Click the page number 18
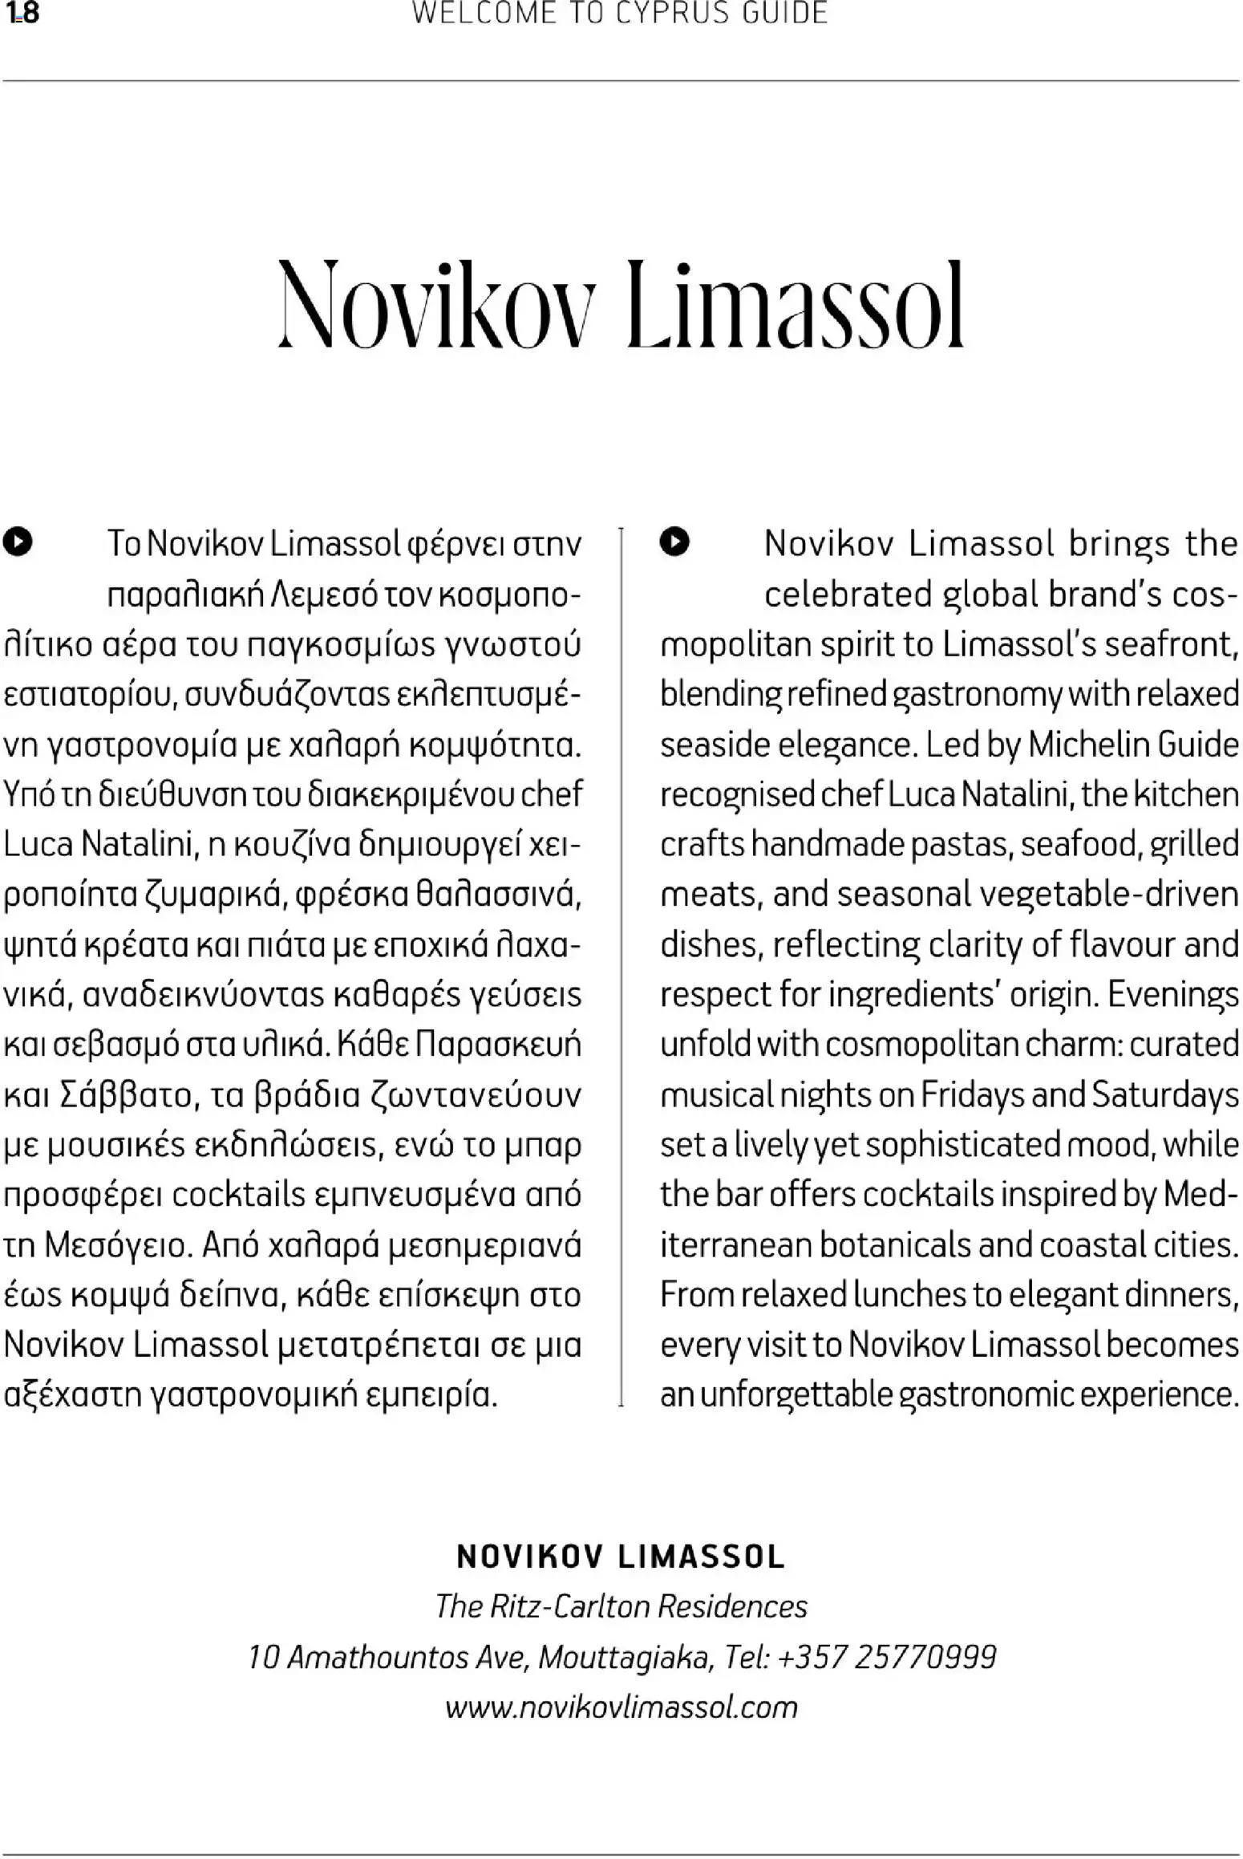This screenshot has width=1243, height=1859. coord(22,14)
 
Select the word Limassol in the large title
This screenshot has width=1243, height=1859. coord(796,306)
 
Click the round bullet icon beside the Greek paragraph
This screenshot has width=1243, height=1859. coord(18,542)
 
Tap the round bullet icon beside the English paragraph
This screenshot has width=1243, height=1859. coord(674,542)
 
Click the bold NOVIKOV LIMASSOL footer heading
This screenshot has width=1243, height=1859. coord(621,1557)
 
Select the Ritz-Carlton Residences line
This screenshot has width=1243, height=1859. coord(621,1607)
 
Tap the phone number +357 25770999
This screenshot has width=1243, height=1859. coord(887,1657)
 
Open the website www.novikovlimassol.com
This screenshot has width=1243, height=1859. coord(621,1707)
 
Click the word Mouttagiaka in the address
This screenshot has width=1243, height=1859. coord(625,1657)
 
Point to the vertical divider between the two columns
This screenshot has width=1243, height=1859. coord(621,963)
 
